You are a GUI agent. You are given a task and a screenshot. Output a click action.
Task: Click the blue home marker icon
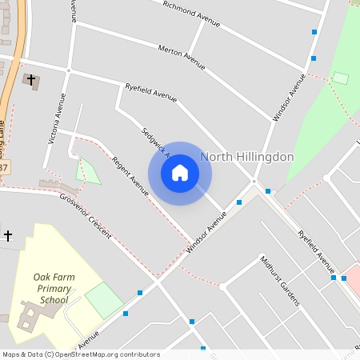(180, 173)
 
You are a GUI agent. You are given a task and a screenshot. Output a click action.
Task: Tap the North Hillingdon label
(247, 157)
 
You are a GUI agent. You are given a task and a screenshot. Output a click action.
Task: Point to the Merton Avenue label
(182, 53)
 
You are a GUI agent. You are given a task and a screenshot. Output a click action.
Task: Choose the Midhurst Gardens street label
(279, 281)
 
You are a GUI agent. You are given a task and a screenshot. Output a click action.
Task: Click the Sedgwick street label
(152, 141)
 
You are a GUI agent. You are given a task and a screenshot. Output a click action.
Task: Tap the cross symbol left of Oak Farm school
(8, 235)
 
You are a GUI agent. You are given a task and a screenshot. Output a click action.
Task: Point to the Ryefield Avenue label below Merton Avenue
(150, 92)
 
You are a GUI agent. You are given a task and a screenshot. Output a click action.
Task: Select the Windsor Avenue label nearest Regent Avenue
(201, 238)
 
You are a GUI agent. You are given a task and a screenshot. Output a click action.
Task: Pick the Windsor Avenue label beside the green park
(289, 98)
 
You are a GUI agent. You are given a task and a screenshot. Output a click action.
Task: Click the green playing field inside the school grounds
(103, 298)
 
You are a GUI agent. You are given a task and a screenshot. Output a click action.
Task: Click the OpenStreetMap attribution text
(80, 354)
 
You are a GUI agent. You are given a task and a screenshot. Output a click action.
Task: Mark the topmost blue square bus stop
(314, 33)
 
